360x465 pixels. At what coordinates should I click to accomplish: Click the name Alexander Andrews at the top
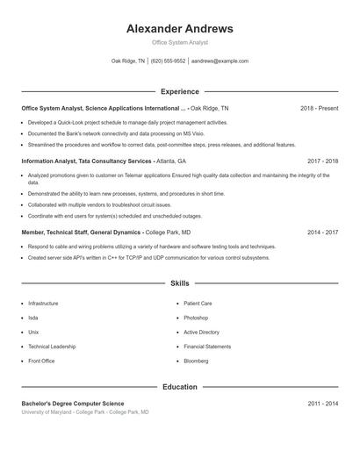point(179,28)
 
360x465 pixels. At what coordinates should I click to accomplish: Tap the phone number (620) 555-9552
point(169,61)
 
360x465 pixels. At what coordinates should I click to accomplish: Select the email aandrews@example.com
point(220,61)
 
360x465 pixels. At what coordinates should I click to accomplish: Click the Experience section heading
point(179,91)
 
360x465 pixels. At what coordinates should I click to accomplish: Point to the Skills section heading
point(179,284)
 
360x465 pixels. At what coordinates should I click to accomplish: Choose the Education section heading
point(179,386)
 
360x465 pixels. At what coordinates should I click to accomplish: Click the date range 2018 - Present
point(319,108)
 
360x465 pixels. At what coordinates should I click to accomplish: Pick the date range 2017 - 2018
point(322,161)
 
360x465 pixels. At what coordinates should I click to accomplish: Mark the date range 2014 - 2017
point(322,232)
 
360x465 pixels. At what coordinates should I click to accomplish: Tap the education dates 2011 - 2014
point(322,403)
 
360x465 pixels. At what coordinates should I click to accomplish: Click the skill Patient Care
point(198,304)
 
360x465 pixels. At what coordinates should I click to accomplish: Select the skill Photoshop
point(196,318)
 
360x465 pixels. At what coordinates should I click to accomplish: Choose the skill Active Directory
point(201,333)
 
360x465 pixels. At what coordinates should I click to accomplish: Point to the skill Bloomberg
point(196,361)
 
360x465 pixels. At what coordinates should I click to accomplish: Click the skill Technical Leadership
point(52,347)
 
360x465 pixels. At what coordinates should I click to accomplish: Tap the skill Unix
point(33,333)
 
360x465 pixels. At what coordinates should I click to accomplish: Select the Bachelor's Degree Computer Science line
point(79,403)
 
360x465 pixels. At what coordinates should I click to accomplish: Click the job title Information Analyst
point(51,161)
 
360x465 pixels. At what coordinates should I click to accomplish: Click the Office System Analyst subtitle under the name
point(179,42)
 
